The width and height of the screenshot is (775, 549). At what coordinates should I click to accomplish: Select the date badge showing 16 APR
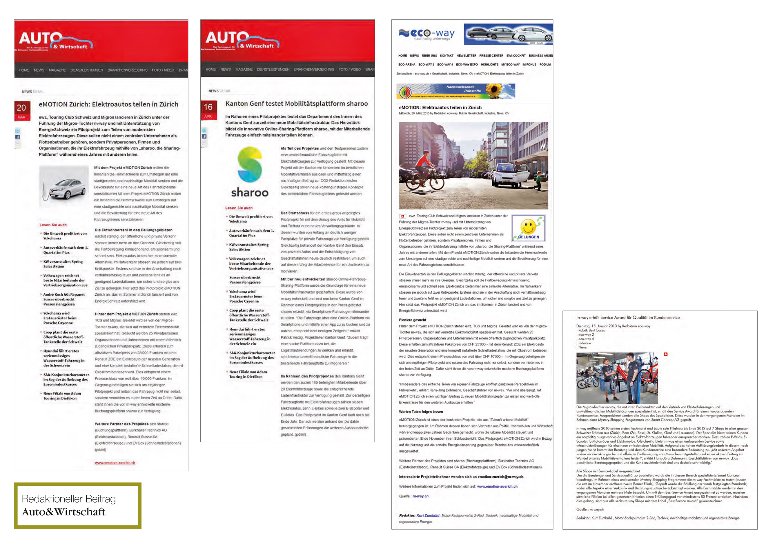click(208, 110)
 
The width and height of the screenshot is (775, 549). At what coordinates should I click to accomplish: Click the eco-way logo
click(427, 34)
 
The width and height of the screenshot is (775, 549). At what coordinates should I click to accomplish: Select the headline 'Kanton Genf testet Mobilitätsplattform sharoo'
click(297, 104)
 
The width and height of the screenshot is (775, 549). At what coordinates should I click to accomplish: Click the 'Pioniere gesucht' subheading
click(413, 320)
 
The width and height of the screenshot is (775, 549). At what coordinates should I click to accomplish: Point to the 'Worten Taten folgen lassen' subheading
click(421, 412)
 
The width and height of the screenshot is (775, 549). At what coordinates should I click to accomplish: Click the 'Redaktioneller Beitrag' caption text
click(69, 499)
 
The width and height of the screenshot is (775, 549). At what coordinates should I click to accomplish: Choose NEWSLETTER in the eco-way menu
click(466, 55)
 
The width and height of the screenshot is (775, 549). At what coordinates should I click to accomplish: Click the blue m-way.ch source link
click(420, 496)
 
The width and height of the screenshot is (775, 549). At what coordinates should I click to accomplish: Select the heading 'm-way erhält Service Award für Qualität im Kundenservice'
click(628, 317)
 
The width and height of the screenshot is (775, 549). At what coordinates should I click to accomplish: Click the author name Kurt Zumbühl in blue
click(428, 516)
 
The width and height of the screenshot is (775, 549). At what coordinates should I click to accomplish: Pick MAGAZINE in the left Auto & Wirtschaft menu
click(57, 70)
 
